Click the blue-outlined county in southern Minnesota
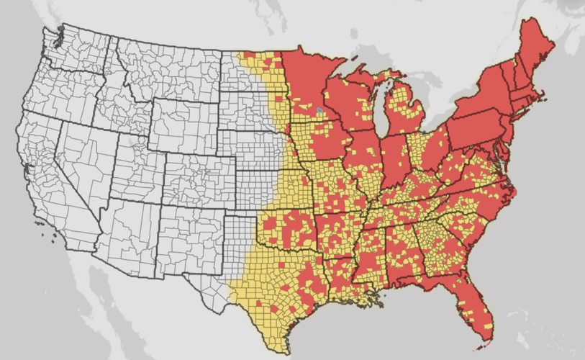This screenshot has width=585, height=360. (x=319, y=111)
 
